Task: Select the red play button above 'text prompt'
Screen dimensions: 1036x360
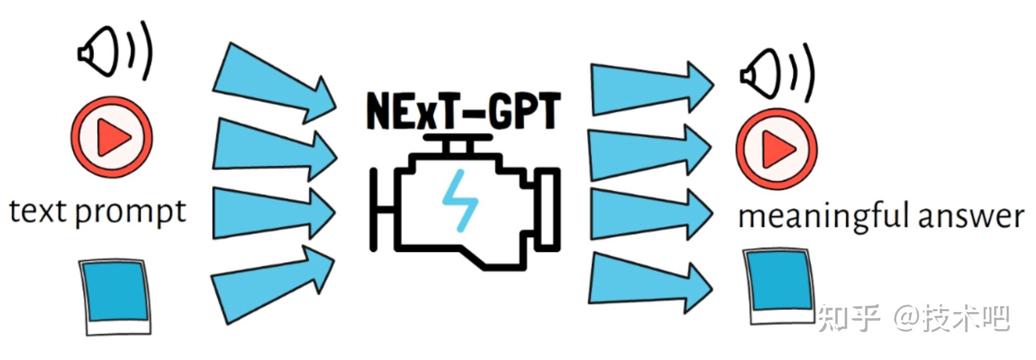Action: (x=112, y=136)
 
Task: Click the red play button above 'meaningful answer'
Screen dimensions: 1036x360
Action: (x=776, y=149)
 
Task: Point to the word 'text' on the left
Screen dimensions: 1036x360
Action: (x=38, y=212)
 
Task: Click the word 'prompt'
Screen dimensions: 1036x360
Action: (x=131, y=213)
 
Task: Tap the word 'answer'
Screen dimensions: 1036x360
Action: (x=971, y=217)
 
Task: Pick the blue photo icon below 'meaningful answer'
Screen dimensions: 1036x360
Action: (x=781, y=286)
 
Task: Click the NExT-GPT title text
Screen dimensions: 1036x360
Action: (x=463, y=112)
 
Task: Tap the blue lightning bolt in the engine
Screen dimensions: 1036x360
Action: (x=459, y=200)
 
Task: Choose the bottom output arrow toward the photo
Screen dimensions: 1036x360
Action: (x=646, y=284)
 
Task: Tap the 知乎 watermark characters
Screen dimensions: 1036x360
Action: (x=849, y=318)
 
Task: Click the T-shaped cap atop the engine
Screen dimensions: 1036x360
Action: (x=458, y=142)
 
